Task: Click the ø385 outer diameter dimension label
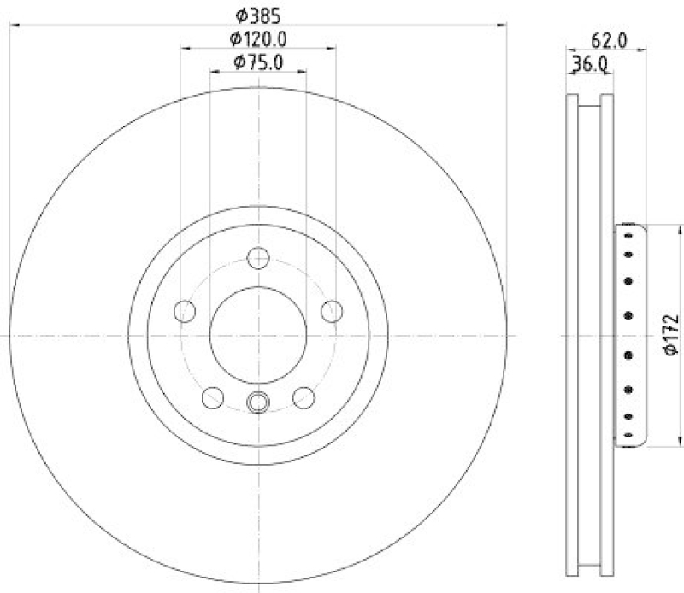coord(258,15)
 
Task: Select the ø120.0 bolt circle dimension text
coord(257,38)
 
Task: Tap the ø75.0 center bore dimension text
coord(257,62)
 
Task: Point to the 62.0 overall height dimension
coord(610,39)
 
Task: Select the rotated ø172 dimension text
coord(669,336)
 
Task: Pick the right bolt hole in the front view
coord(332,311)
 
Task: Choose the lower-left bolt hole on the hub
coord(212,396)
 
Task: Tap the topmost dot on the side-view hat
coord(628,235)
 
